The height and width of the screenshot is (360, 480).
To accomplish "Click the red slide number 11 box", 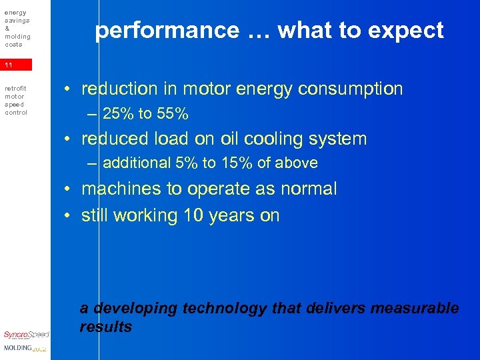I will click(16, 65).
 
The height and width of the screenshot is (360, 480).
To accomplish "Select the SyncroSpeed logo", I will click(26, 335).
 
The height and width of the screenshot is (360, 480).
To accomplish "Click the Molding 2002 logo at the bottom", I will click(25, 349).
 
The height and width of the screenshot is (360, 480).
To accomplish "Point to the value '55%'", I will click(173, 114).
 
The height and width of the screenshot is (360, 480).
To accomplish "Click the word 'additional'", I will click(137, 163).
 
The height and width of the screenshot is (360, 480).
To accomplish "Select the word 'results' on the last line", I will click(105, 327).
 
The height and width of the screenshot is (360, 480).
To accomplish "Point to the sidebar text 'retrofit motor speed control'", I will click(16, 100).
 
